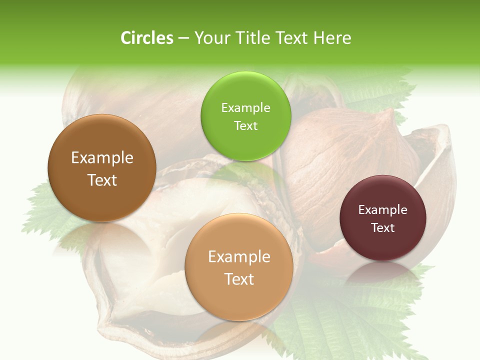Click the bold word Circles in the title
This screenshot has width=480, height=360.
(x=146, y=38)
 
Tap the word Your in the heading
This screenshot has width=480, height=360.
(x=210, y=38)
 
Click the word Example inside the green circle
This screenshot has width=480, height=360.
(x=245, y=108)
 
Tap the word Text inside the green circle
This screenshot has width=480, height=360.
(x=245, y=126)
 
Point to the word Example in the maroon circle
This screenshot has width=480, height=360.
(x=383, y=210)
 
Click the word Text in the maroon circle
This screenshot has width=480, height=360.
(x=383, y=228)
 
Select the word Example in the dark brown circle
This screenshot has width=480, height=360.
(x=102, y=158)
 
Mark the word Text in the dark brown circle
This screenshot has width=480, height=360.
(x=102, y=180)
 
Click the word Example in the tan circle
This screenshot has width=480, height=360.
(x=239, y=257)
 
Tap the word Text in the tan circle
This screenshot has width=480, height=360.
(x=239, y=279)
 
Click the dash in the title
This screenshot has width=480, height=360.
(x=183, y=38)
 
